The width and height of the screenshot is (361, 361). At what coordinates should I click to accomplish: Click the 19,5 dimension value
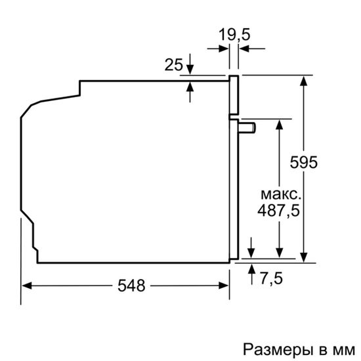[x=235, y=35]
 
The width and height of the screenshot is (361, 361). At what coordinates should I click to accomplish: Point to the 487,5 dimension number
[x=280, y=211]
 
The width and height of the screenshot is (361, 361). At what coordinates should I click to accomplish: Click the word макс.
[x=281, y=195]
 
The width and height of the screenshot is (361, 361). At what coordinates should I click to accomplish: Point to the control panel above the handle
[x=232, y=96]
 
